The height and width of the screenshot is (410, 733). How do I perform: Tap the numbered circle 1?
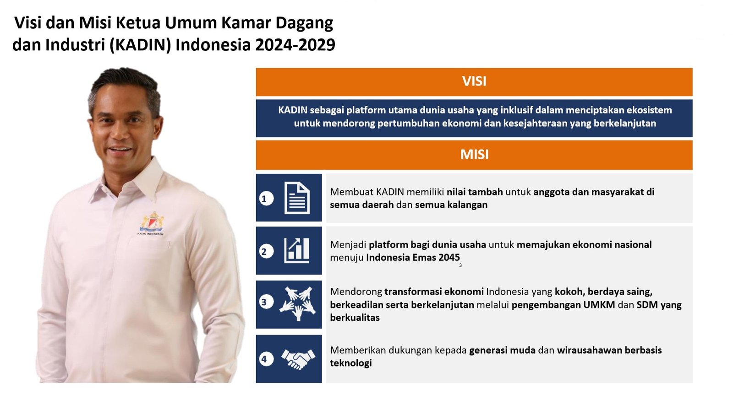click(266, 199)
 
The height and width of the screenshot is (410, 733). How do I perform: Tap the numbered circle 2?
click(266, 251)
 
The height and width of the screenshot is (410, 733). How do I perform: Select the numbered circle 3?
click(266, 302)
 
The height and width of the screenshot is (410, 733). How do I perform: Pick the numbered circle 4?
click(266, 359)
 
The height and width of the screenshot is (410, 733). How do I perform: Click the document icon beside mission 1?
click(297, 198)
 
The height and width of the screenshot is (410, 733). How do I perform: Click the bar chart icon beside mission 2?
click(296, 250)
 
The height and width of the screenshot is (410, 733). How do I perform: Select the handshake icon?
click(298, 359)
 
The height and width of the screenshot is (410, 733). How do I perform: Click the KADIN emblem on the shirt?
click(152, 224)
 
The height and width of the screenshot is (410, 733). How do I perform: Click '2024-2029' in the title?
click(295, 45)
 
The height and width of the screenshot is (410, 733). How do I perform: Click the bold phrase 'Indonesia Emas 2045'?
click(413, 258)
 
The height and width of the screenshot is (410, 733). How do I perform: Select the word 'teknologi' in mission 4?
click(351, 363)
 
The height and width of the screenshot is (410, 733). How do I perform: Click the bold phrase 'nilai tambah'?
click(475, 192)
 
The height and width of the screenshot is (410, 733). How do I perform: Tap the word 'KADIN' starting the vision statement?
click(293, 110)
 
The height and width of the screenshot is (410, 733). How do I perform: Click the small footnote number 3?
click(460, 265)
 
